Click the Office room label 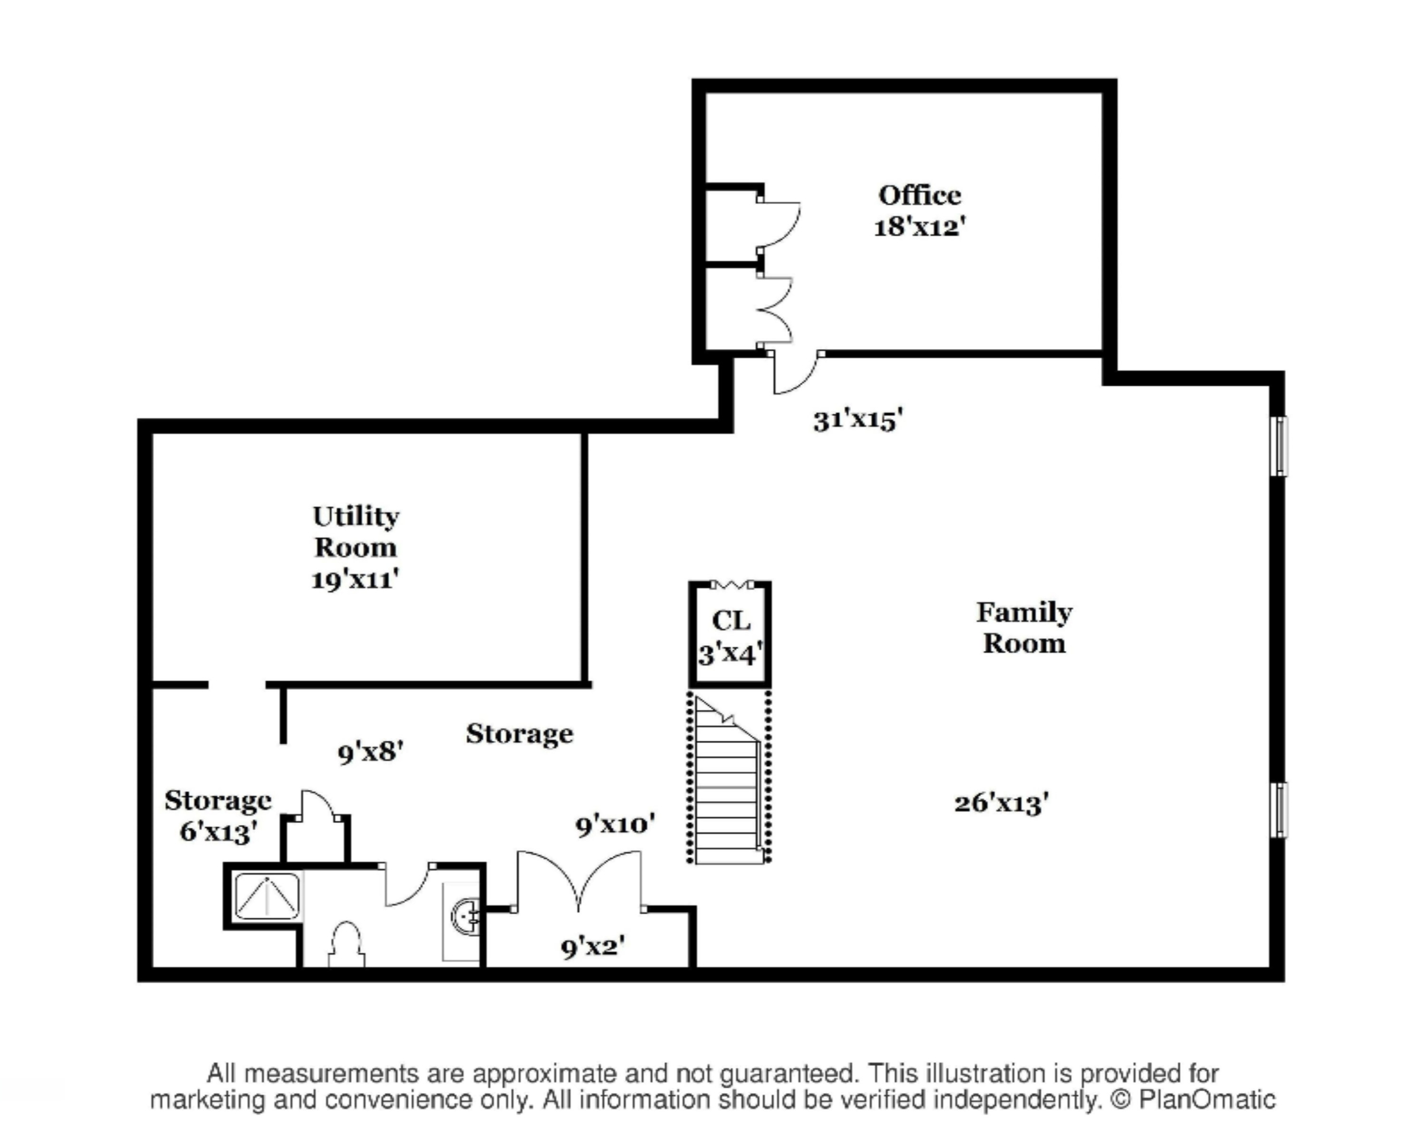[919, 195]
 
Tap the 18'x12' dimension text [919, 227]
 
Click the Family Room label [1024, 628]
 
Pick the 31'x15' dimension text [858, 419]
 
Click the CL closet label [731, 620]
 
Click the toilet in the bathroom [346, 945]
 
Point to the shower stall [268, 896]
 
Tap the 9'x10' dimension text [616, 824]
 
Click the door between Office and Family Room [796, 373]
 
